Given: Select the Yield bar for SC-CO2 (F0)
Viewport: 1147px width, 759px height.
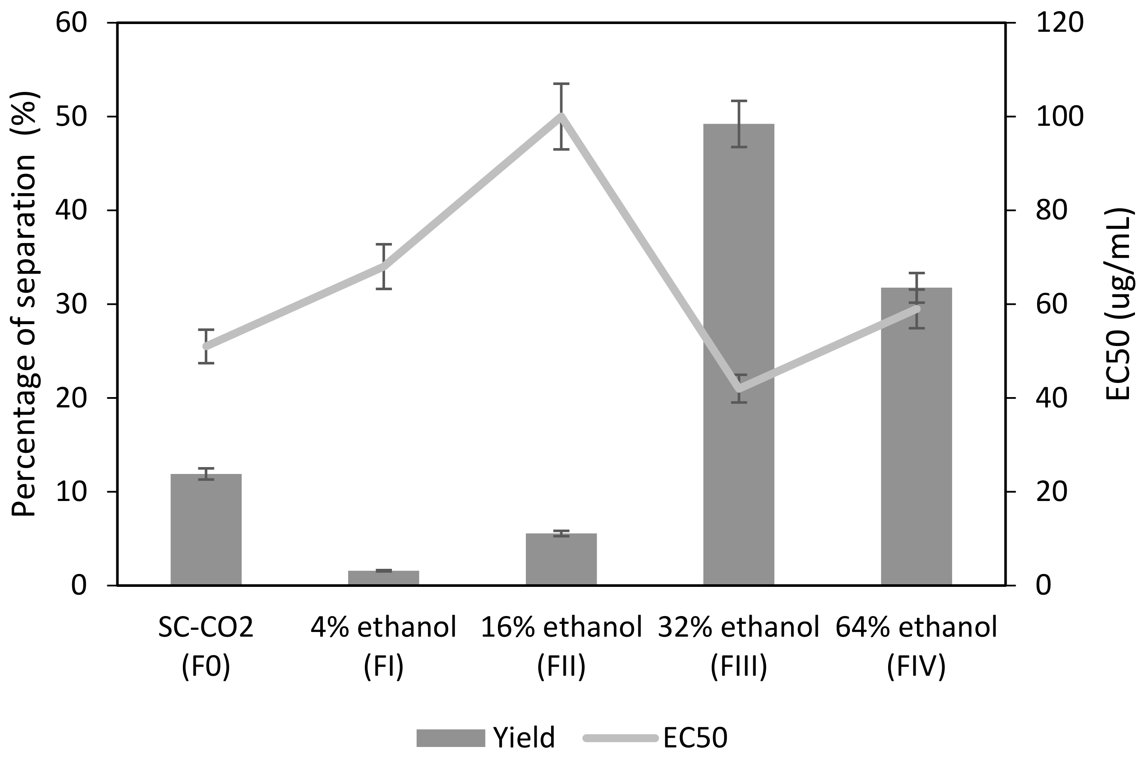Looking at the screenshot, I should tap(206, 530).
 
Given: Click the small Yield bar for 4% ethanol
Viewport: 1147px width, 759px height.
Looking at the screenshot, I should tap(383, 578).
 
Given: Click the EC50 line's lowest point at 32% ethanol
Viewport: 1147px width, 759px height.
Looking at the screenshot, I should tap(738, 389).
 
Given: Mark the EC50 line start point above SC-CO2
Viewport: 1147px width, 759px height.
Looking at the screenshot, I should tap(206, 346).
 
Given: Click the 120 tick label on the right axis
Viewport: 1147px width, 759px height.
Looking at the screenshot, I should tap(1059, 23).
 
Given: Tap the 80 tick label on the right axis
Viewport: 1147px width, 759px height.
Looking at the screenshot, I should tap(1051, 210).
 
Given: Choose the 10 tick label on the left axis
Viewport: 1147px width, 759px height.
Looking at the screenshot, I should tap(71, 492).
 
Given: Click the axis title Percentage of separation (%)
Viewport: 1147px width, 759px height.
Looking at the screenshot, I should tap(24, 305).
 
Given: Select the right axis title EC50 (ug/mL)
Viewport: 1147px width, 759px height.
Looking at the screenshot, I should tap(1119, 305).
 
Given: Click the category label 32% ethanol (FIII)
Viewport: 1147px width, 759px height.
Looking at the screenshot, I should tap(738, 647).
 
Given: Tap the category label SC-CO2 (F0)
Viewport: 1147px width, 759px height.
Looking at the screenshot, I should tap(206, 647).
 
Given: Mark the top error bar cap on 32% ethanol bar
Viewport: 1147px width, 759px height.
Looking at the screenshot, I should tap(738, 101).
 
